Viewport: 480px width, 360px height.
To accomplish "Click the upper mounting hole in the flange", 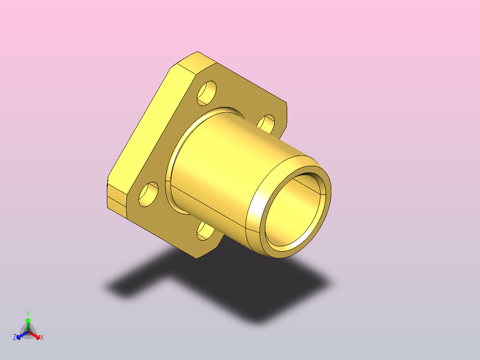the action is (x=207, y=93).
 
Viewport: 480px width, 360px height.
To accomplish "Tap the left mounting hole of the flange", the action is (x=148, y=195).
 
